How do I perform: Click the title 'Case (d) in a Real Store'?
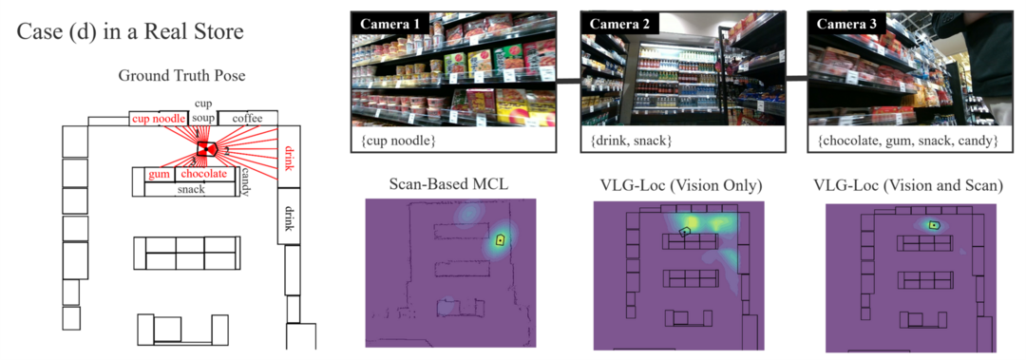tap(130, 31)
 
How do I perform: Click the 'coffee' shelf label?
tap(246, 119)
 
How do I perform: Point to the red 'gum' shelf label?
tap(158, 175)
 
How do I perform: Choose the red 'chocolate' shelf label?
tap(203, 175)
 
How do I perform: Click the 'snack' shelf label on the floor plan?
tap(192, 189)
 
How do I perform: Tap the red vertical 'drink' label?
tap(289, 158)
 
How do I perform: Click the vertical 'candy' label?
tap(245, 180)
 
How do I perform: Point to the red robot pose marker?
tap(206, 148)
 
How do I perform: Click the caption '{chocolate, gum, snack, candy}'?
tap(906, 141)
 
